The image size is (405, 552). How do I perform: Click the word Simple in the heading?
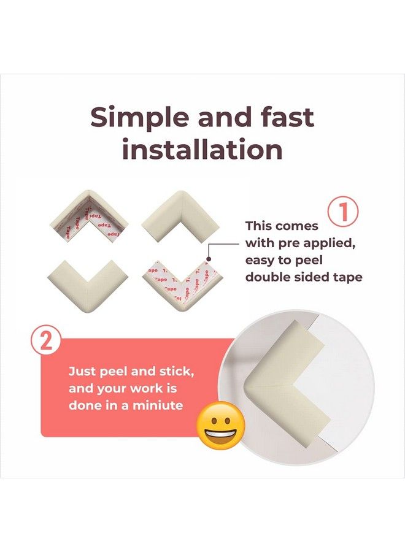pos(139,118)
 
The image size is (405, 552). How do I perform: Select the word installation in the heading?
pos(202,150)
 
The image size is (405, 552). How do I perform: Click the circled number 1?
pos(344,212)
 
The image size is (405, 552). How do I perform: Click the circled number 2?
pos(46,341)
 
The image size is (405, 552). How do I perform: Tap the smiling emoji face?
pos(220,425)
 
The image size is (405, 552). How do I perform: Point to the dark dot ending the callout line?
pos(209,259)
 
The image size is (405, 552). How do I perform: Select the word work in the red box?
pos(147,388)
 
